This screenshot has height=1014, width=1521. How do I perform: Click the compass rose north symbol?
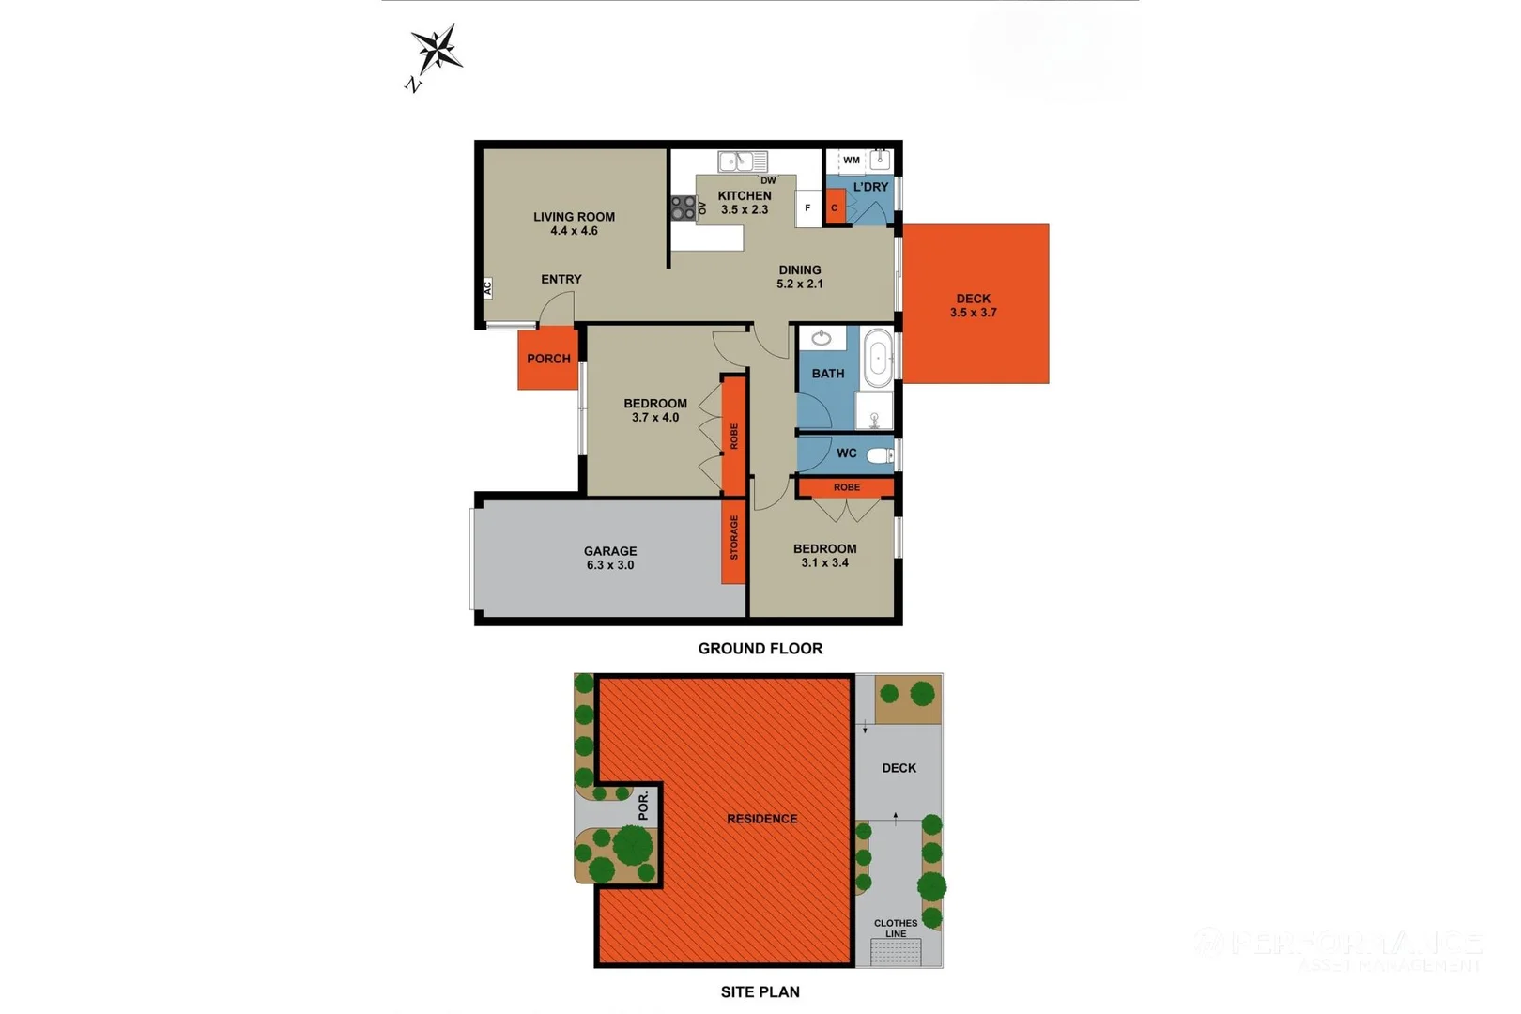point(436,51)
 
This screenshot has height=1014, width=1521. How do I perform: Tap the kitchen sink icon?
point(741,161)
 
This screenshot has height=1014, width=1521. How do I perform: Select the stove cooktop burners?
point(683,207)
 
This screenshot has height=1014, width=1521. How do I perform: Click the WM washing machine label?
point(851,161)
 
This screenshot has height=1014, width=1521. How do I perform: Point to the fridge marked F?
point(807,208)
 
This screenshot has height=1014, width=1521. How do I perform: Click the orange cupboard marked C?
point(834,208)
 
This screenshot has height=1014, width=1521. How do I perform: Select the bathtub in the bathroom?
point(878,358)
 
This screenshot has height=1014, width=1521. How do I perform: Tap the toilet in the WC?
point(880,455)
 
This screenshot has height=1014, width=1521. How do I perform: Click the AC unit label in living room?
point(487,288)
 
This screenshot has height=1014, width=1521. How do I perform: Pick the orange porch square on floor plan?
point(547,359)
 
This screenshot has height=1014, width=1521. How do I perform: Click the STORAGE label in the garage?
point(733,538)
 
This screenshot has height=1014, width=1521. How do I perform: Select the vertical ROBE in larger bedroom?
point(733,436)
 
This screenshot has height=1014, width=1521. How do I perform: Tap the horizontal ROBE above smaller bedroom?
point(846,487)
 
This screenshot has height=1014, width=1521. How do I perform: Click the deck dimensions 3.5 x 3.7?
point(973,313)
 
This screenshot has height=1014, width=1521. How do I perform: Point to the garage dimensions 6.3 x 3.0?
point(610,565)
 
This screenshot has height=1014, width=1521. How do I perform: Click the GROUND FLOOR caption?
point(760,649)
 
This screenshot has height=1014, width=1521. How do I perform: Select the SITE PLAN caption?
point(760,991)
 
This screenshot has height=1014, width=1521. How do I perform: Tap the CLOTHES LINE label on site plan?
point(896,928)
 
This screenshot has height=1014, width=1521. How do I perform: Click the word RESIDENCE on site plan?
point(761,819)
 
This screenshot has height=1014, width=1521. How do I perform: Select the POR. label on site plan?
point(643,806)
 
